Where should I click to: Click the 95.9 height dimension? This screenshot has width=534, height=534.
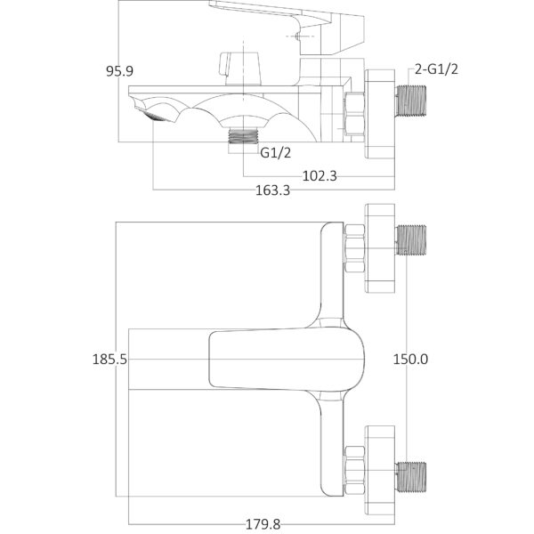coord(119,71)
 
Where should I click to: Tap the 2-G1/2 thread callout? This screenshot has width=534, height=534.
coord(436,69)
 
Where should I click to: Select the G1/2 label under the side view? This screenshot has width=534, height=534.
coord(276,152)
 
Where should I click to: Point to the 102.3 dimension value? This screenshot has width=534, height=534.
coord(320,176)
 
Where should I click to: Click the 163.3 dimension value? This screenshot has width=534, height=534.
coord(273,190)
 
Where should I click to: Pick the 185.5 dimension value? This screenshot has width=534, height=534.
coord(109,360)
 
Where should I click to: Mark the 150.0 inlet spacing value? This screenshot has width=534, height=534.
coord(410,360)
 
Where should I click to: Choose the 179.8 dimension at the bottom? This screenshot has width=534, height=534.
coord(263,524)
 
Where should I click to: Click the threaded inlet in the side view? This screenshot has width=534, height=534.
coord(411,101)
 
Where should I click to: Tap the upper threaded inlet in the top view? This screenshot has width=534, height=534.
coord(411,240)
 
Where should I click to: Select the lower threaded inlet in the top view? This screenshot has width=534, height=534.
coord(411,477)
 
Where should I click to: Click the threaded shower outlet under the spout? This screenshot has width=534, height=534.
coord(243,136)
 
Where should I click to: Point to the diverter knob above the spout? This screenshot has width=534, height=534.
coord(240,69)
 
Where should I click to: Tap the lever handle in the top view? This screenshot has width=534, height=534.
coord(286,360)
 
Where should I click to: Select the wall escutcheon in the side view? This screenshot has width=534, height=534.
coord(380,114)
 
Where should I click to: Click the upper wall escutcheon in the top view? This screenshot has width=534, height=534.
coord(380,248)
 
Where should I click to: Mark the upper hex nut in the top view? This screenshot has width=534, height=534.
coord(354,248)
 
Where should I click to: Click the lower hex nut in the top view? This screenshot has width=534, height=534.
coord(354,470)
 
